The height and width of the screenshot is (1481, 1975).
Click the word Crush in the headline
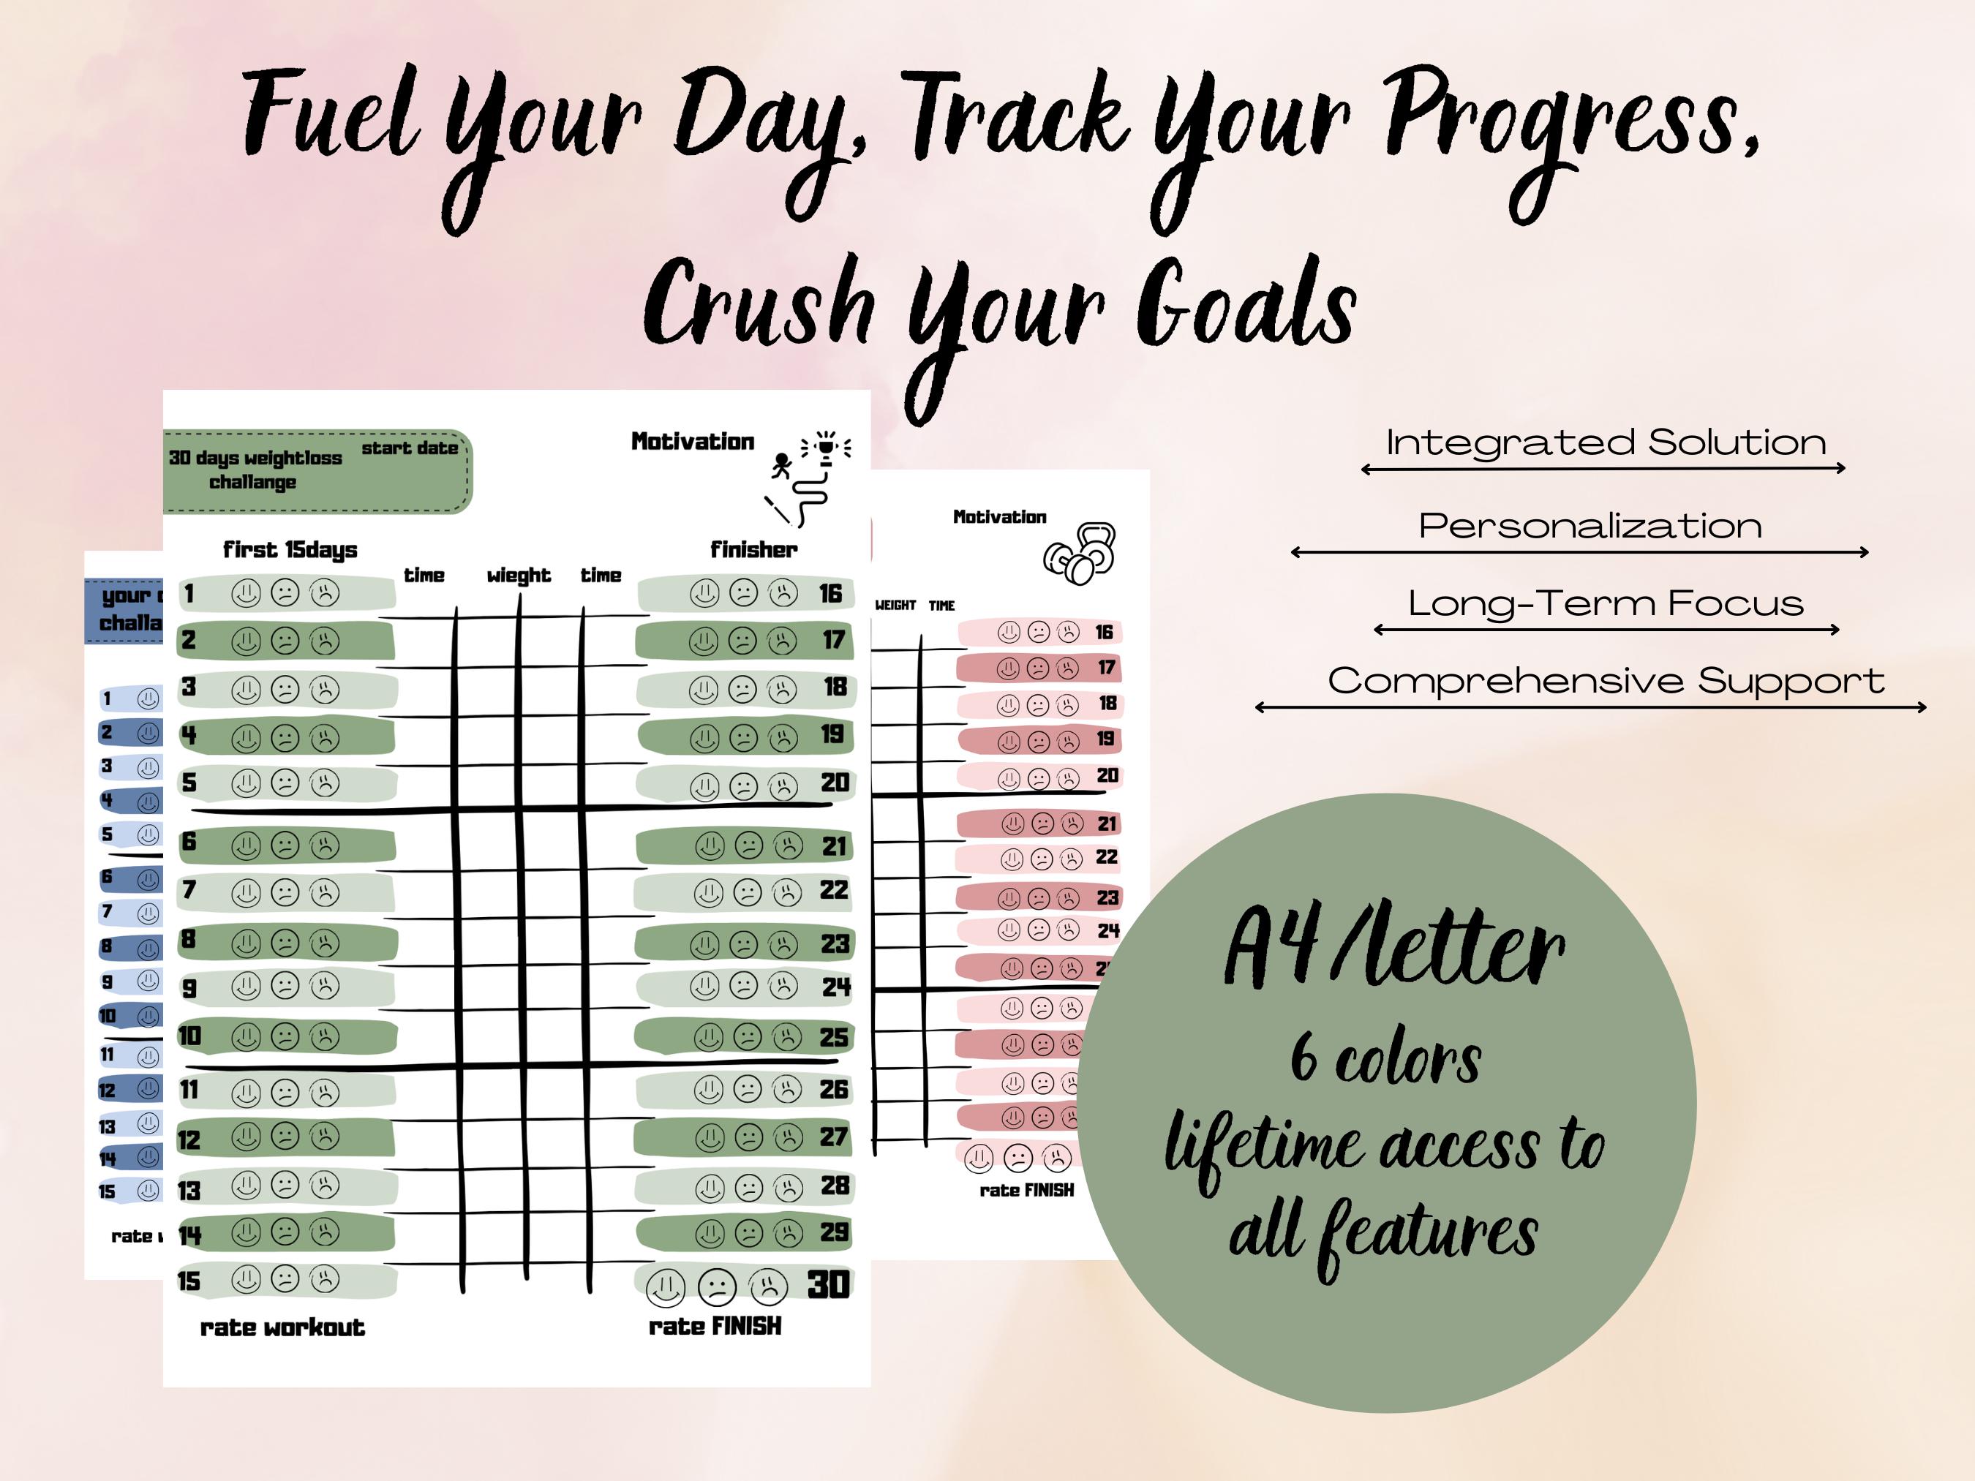[x=759, y=304]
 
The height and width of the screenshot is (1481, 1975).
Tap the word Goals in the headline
[x=1246, y=304]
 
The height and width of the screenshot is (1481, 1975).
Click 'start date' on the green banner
[x=410, y=448]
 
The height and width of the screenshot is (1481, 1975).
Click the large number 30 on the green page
[x=829, y=1284]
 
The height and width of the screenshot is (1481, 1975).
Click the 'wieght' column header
[x=519, y=576]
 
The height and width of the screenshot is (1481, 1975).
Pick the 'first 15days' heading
[x=290, y=550]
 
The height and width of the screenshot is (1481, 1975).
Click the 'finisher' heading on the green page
[x=753, y=550]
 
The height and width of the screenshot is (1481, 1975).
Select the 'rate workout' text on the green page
[x=282, y=1327]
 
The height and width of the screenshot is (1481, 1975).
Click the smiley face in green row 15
[x=246, y=1280]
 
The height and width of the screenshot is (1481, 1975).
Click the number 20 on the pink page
[x=1107, y=776]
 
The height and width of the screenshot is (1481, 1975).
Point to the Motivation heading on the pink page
[x=999, y=517]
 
